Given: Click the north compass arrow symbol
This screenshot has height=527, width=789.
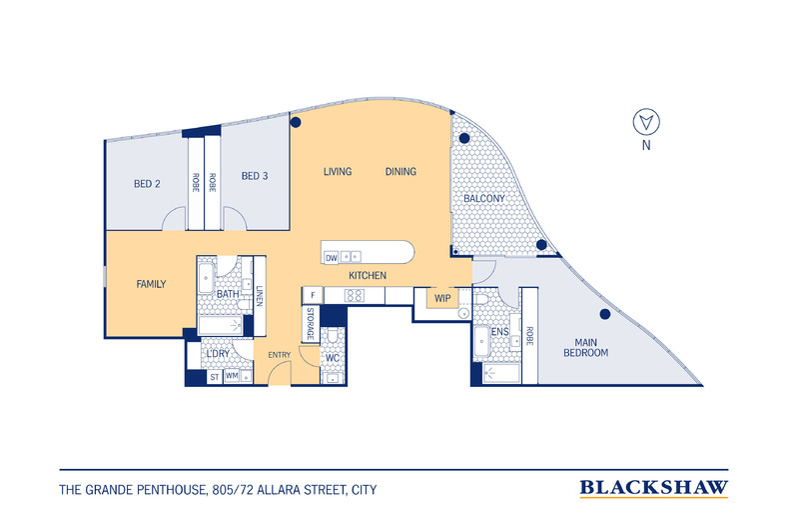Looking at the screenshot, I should [646, 123].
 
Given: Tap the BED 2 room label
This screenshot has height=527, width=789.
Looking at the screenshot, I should [148, 183].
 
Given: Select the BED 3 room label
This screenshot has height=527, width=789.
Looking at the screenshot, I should [255, 177].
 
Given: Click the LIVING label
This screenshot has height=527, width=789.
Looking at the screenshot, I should [338, 172].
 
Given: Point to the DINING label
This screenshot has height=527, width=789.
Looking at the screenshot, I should [400, 172].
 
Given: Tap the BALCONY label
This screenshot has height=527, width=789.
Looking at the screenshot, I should [483, 199].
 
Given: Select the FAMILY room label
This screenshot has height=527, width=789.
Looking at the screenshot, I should [151, 284].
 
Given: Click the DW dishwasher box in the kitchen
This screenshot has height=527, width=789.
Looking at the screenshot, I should [331, 258].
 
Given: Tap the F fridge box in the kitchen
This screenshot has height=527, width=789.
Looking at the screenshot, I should [313, 295].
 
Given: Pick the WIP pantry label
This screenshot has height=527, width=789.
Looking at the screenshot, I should [442, 297].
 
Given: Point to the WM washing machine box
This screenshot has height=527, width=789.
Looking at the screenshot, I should [232, 376].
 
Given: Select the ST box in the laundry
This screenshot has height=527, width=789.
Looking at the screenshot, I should [214, 377].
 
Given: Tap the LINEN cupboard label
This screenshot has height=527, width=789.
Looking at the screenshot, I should [259, 296].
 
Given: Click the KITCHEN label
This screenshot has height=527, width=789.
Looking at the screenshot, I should [368, 276].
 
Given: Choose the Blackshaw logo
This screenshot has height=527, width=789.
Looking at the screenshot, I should [653, 488].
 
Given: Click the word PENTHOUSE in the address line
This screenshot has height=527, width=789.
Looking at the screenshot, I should [167, 490].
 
